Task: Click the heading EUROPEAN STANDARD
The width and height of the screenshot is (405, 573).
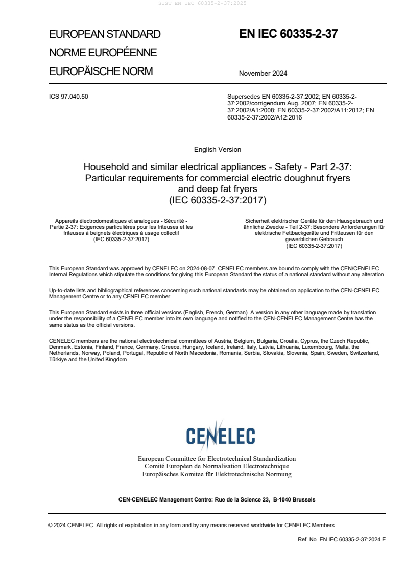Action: pyautogui.click(x=105, y=34)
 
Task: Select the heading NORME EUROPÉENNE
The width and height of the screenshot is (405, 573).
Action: pyautogui.click(x=103, y=53)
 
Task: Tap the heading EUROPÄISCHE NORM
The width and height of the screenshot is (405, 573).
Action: pyautogui.click(x=101, y=71)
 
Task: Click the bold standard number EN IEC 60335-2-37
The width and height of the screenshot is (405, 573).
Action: pyautogui.click(x=289, y=34)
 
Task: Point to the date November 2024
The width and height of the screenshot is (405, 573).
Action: pyautogui.click(x=263, y=73)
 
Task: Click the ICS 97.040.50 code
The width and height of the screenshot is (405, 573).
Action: pyautogui.click(x=68, y=96)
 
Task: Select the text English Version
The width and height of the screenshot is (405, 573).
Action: pyautogui.click(x=218, y=150)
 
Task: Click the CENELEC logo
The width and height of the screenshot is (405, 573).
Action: pyautogui.click(x=221, y=435)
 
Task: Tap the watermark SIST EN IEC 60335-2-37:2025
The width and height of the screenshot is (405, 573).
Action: pyautogui.click(x=202, y=4)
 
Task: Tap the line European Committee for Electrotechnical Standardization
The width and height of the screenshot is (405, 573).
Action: pyautogui.click(x=217, y=459)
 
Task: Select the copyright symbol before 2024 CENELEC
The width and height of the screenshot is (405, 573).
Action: pyautogui.click(x=51, y=525)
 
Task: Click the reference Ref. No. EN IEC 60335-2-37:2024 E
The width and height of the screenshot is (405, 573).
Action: pyautogui.click(x=342, y=539)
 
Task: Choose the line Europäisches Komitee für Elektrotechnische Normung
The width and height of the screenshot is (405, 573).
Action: pyautogui.click(x=217, y=474)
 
